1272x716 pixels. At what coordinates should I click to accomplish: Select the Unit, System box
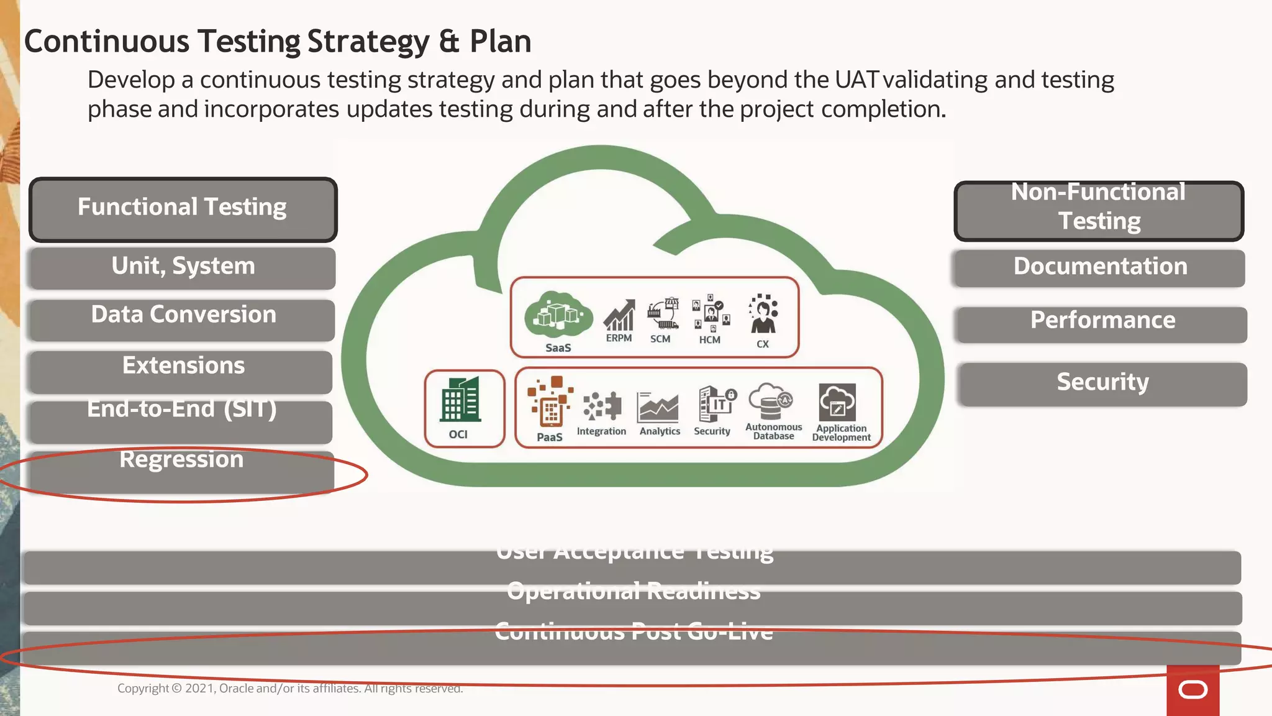click(183, 268)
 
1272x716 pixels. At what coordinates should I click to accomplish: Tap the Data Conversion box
click(183, 319)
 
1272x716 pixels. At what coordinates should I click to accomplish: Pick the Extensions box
click(183, 370)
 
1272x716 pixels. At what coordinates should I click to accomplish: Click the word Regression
click(181, 460)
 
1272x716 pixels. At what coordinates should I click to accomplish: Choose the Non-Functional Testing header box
click(1098, 211)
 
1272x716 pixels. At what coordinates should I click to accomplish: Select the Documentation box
click(1099, 268)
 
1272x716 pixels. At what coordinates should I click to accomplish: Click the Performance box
click(1102, 323)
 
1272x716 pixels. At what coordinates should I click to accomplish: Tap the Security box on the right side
click(1102, 383)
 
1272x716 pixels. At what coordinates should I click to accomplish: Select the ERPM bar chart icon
click(619, 315)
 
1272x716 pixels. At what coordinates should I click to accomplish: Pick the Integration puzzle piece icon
click(602, 406)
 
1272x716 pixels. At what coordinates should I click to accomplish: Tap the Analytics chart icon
click(658, 407)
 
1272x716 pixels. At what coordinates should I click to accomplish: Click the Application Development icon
click(837, 402)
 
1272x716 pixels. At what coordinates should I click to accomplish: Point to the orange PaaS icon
click(549, 402)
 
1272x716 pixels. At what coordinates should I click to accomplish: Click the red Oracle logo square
click(1192, 690)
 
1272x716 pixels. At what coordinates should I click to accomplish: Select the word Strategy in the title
click(368, 42)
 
